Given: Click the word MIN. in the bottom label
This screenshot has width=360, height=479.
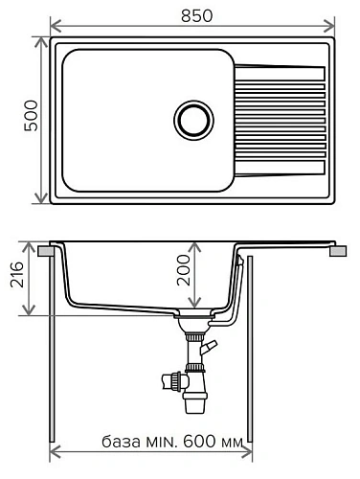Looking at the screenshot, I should (x=164, y=445).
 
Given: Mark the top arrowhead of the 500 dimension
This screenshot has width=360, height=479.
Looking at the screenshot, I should (x=41, y=43).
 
